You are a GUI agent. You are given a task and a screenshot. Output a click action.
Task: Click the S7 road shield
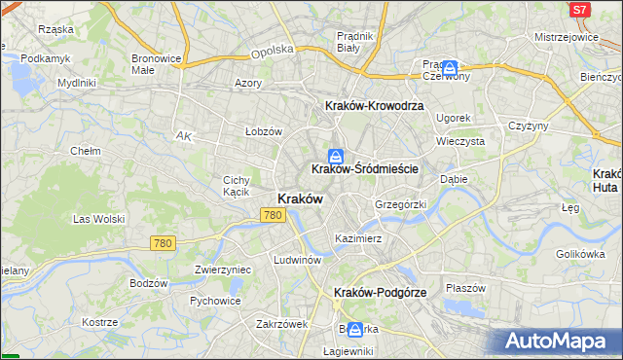click(x=580, y=10)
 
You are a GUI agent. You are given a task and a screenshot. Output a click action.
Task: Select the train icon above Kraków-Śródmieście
click(x=336, y=155)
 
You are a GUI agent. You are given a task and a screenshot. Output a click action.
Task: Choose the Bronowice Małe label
click(x=157, y=64)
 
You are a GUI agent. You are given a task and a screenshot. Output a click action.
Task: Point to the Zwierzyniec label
click(x=223, y=270)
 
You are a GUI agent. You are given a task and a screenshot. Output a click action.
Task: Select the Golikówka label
click(x=581, y=254)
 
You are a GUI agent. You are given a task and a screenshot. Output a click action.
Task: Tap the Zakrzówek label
click(x=281, y=324)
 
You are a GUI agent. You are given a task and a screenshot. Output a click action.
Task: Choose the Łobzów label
click(x=263, y=131)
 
